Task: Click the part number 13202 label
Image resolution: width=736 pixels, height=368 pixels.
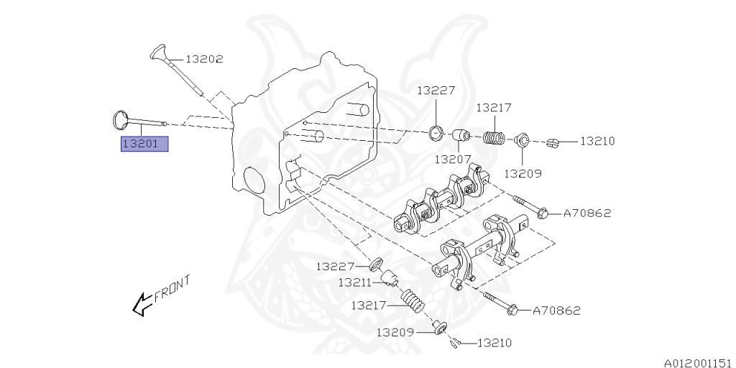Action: coord(205,60)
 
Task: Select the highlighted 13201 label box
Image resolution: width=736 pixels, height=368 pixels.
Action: coord(144,144)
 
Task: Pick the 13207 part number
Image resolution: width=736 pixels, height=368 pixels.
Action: coord(452,158)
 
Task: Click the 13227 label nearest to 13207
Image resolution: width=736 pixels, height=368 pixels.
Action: coord(436,91)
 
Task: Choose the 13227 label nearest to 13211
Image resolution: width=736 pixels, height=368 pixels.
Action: coord(334,266)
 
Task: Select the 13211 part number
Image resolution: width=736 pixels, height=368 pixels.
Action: coord(355,282)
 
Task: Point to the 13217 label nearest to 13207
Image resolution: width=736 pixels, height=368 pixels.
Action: coord(494,108)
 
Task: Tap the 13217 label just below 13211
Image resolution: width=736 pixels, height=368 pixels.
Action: coord(369,305)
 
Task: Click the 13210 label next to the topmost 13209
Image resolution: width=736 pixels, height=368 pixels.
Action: coord(597,142)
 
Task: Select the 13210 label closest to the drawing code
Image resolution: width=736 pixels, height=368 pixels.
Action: coord(494,344)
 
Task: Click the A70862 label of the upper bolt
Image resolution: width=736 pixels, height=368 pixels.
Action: coord(586,213)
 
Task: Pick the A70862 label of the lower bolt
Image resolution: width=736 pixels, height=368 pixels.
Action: coord(556,310)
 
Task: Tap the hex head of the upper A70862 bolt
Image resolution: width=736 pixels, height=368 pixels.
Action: coord(543,213)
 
